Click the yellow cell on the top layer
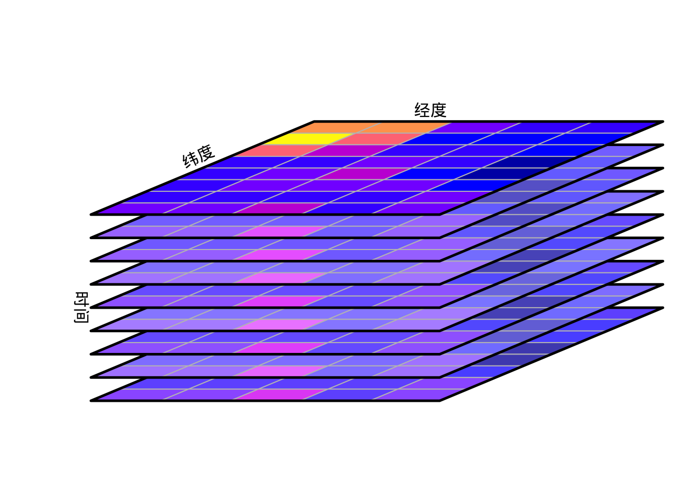(307, 139)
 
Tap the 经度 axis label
(431, 110)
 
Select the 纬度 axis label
(198, 156)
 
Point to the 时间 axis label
(82, 308)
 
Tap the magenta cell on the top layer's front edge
(279, 208)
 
